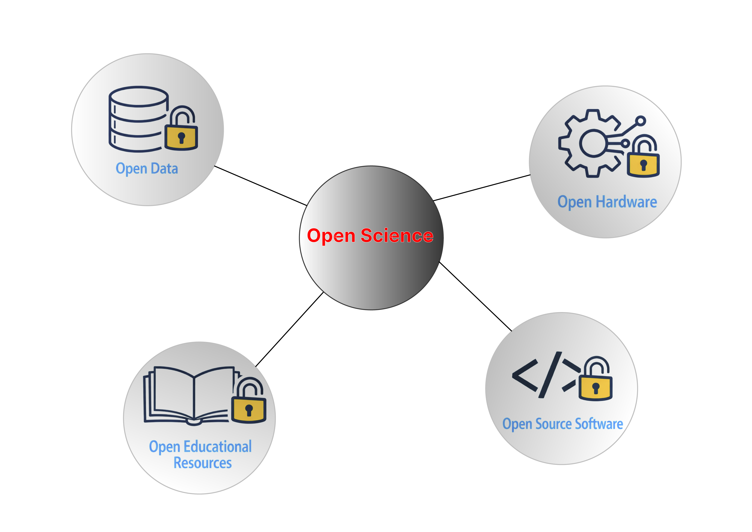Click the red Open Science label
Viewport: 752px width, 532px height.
pos(370,236)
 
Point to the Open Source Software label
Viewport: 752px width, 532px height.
pos(562,424)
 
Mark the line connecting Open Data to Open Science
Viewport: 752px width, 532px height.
pos(260,186)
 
